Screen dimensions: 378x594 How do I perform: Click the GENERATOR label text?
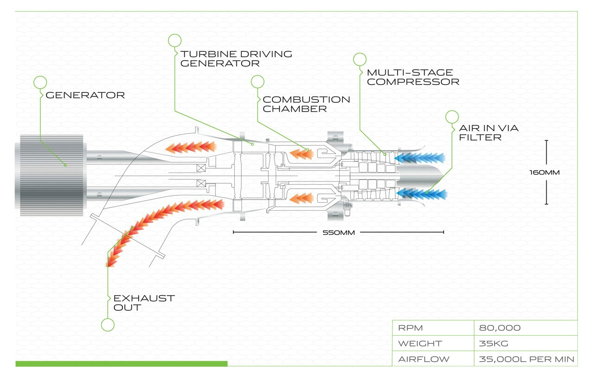(x=85, y=95)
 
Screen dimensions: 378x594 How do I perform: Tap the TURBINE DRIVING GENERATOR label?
(x=236, y=58)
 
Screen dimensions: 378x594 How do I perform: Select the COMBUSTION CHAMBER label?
(x=306, y=104)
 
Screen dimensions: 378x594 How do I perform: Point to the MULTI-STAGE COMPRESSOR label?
(x=413, y=77)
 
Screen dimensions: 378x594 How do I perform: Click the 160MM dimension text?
(x=544, y=172)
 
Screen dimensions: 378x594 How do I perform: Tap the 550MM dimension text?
(x=338, y=232)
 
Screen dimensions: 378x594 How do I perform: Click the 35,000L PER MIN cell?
(x=526, y=359)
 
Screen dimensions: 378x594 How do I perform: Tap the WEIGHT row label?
(x=420, y=344)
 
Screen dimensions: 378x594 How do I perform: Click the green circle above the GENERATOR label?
(x=40, y=82)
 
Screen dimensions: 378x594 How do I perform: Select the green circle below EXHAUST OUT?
(x=108, y=325)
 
